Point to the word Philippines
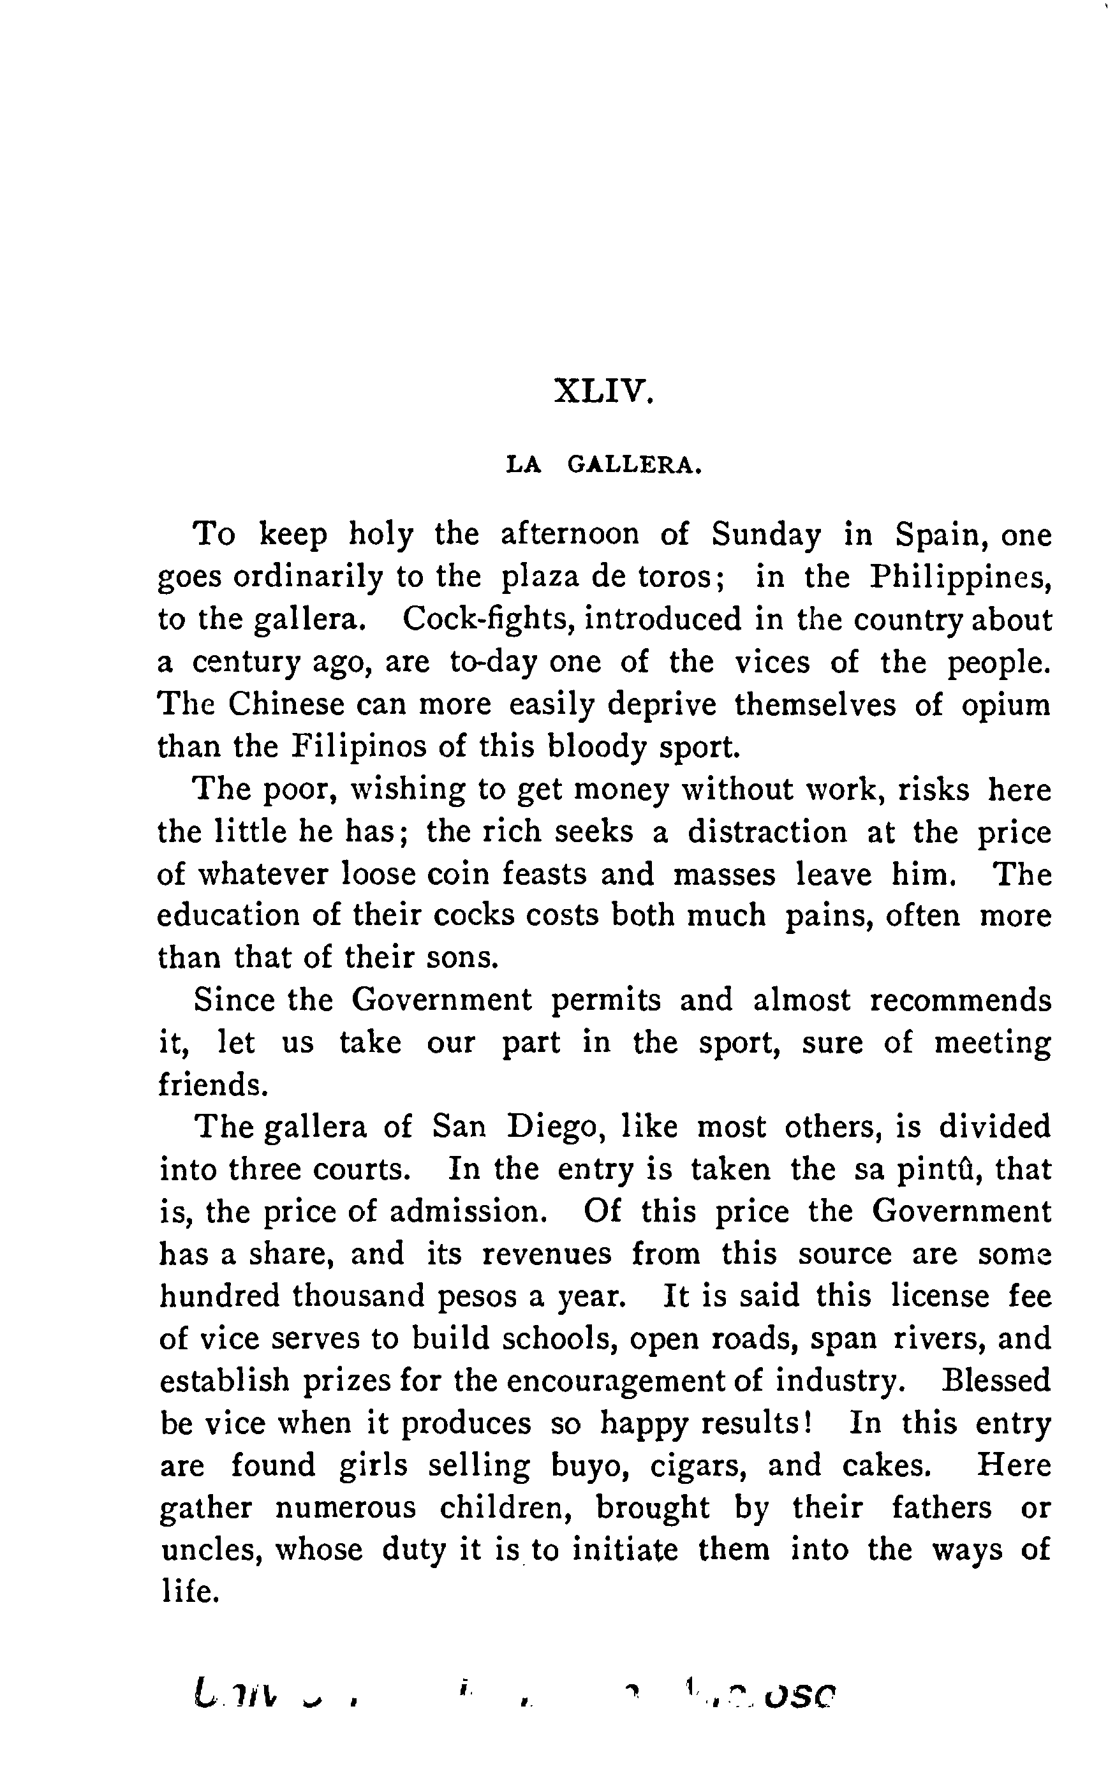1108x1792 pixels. click(x=961, y=577)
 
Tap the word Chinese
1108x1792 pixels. click(x=286, y=704)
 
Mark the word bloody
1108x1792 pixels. click(x=598, y=747)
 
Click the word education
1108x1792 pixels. click(x=228, y=915)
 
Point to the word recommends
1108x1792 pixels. click(x=960, y=1000)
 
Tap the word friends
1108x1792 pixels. click(x=213, y=1085)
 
